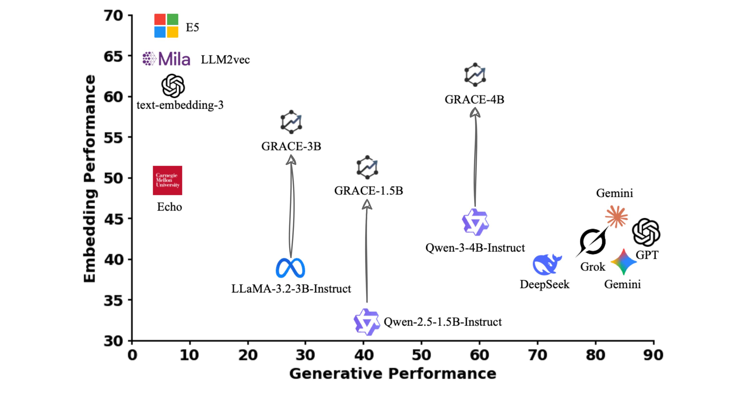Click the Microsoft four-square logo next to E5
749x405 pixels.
click(x=166, y=26)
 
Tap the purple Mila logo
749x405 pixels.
click(x=166, y=59)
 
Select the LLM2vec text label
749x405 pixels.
click(x=225, y=60)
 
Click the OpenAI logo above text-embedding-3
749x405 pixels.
click(x=173, y=86)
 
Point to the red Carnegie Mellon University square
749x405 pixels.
click(x=168, y=180)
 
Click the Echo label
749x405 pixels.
click(x=169, y=207)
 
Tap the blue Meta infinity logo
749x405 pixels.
click(x=290, y=268)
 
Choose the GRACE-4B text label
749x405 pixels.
click(x=474, y=100)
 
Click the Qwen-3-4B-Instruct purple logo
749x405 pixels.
click(x=475, y=222)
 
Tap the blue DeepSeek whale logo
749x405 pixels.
click(x=547, y=264)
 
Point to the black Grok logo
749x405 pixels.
click(x=592, y=242)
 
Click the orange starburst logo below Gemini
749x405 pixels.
click(x=616, y=217)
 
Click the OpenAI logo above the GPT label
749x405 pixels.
click(x=646, y=232)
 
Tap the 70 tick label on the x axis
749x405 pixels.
click(x=537, y=355)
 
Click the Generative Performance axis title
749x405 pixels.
click(x=393, y=374)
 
